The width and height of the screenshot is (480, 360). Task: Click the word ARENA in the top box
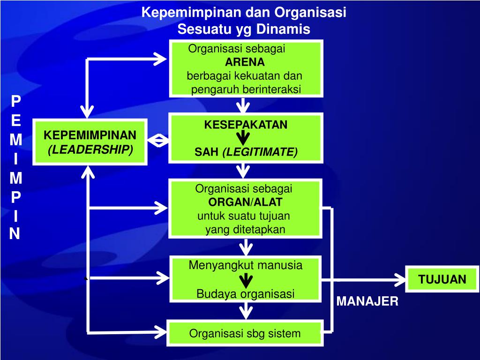[x=245, y=62]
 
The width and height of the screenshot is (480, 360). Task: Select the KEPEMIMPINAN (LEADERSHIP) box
[x=90, y=142]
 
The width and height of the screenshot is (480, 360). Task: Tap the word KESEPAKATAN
[x=246, y=125]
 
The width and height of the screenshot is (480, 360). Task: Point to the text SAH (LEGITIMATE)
[x=246, y=152]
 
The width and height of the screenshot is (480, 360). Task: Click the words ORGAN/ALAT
[x=245, y=202]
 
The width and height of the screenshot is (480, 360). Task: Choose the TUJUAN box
[x=442, y=280]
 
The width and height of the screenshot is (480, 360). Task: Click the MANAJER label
[x=367, y=301]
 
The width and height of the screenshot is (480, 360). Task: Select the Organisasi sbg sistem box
[x=245, y=334]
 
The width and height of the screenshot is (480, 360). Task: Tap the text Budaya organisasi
[x=245, y=294]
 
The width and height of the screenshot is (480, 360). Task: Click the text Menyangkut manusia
[x=245, y=265]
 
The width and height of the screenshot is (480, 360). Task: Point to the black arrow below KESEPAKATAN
[x=243, y=138]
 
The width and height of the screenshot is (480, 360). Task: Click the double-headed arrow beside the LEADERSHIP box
[x=158, y=140]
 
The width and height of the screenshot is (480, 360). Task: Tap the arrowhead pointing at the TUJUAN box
[x=399, y=280]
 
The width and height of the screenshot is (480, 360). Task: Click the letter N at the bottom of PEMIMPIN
[x=15, y=233]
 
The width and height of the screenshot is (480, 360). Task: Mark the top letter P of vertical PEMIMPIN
[x=15, y=101]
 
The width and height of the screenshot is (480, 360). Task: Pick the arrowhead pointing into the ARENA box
[x=161, y=59]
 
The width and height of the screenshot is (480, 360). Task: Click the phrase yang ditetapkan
[x=245, y=229]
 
